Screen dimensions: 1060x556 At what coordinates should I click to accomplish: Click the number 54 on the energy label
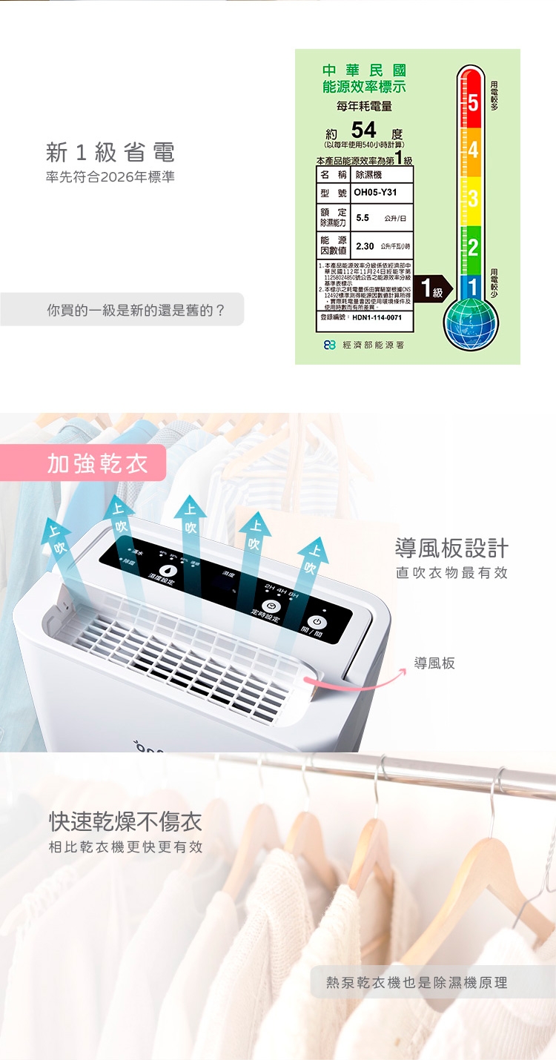pos(363,130)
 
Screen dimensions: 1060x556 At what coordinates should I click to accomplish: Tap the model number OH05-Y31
pos(376,193)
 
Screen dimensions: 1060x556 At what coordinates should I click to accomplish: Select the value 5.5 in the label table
pos(363,219)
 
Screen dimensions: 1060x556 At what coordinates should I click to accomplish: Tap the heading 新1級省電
pos(110,153)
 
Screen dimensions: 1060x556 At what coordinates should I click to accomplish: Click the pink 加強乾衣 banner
pos(98,464)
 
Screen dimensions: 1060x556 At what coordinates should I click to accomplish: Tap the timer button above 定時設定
pos(268,606)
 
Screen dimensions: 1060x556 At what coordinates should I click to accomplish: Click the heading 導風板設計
pos(451,549)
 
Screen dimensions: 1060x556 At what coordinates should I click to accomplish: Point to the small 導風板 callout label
pos(434,663)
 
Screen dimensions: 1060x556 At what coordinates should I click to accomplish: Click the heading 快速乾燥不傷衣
pos(125,821)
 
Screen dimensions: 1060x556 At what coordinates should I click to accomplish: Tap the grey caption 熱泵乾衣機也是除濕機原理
pos(417,982)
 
